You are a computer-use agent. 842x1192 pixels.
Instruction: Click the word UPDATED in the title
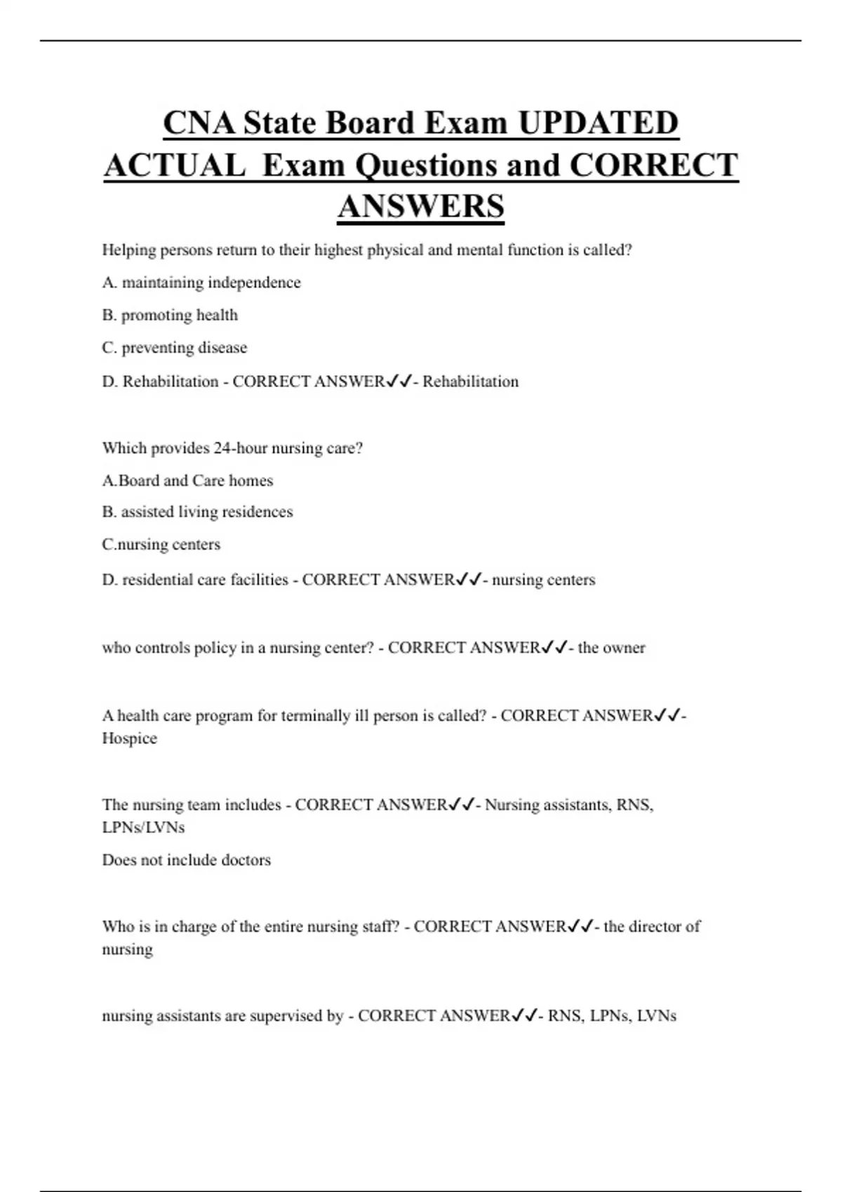tap(598, 123)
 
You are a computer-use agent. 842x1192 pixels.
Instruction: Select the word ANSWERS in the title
tap(420, 207)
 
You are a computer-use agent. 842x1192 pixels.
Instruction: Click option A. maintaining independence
tap(201, 283)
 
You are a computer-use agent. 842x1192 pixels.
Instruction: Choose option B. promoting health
tap(170, 316)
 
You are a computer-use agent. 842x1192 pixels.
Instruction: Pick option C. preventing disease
tap(175, 348)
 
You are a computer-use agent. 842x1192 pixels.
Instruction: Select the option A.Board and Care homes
tap(187, 481)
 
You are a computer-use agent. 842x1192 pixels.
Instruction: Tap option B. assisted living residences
tap(197, 512)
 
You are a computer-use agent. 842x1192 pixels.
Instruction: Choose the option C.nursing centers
tap(161, 545)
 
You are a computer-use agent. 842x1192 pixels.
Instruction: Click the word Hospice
tap(130, 738)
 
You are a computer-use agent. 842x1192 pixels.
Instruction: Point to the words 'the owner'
tap(611, 648)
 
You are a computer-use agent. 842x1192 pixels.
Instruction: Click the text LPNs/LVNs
tap(143, 827)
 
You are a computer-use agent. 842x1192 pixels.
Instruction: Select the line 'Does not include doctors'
tap(187, 860)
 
